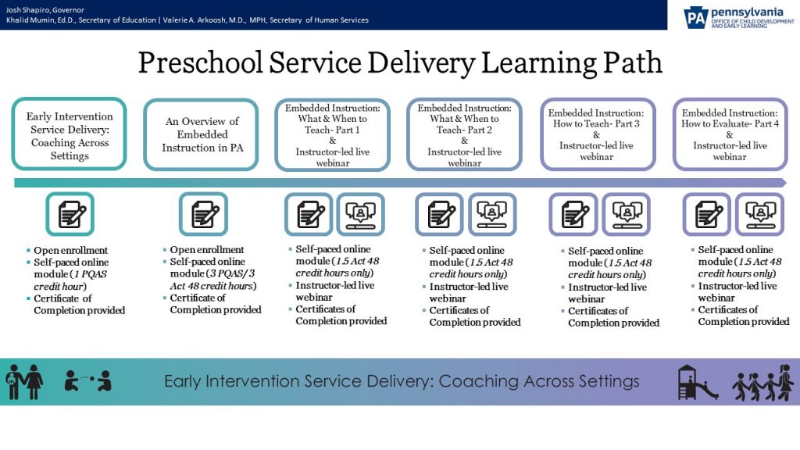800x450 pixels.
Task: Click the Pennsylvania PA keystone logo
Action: tap(695, 16)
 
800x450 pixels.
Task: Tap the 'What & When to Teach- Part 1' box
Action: tap(333, 134)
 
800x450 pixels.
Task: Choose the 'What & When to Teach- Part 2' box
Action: tap(465, 134)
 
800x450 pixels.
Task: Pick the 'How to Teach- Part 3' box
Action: tap(596, 134)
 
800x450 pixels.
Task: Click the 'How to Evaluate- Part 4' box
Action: tap(730, 134)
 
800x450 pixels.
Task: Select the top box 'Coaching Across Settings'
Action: tap(70, 134)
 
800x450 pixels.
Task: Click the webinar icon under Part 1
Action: tap(360, 214)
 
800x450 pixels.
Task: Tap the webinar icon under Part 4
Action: tap(759, 214)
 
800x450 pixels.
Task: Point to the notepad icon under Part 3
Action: tap(573, 214)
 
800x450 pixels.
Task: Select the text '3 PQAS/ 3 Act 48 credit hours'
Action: tap(213, 280)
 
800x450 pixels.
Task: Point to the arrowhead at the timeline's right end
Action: tap(782, 183)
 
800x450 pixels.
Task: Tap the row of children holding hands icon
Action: tap(762, 382)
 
